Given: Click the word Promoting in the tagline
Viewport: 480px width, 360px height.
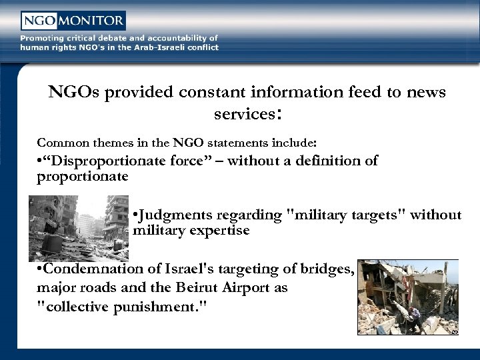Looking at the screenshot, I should [x=42, y=38].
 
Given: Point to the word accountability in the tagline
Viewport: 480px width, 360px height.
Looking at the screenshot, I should [x=175, y=38].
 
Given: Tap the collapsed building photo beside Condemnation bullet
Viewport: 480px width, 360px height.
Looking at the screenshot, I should [x=407, y=297].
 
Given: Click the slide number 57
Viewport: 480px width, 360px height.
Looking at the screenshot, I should [x=454, y=331].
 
